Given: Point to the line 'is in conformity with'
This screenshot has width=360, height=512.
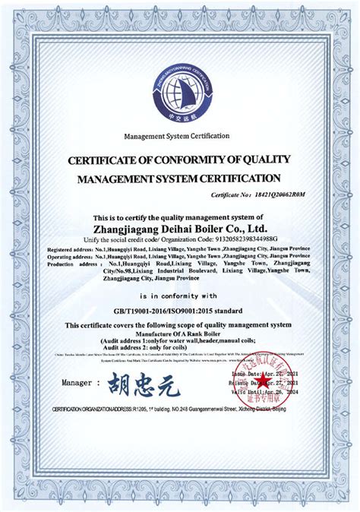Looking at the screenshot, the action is coord(180,296).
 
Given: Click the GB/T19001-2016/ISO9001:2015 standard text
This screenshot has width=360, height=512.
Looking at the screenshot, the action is coord(180,311).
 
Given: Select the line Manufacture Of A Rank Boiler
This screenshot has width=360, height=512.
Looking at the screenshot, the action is coord(180,333).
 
